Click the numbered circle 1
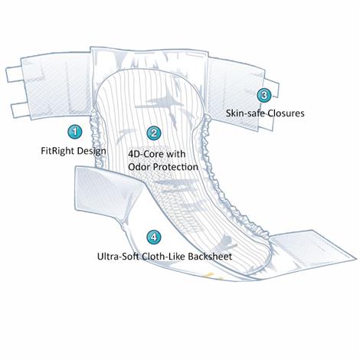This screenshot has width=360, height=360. (74, 132)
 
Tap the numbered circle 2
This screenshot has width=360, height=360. (154, 133)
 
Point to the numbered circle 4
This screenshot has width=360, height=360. (155, 237)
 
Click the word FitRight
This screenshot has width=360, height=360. (57, 150)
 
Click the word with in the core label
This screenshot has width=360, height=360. (187, 153)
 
